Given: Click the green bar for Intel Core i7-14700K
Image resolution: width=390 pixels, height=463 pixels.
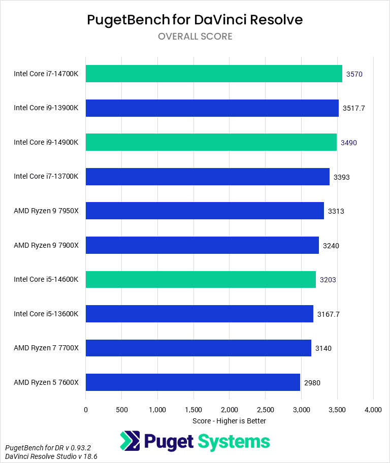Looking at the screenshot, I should coord(214,74).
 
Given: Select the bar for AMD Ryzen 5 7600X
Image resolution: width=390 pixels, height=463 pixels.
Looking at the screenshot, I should coord(193,382).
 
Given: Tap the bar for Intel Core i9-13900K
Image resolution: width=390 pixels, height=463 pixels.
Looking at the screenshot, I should coord(212,108).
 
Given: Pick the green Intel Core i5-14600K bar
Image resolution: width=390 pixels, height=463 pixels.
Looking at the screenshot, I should coord(201,279).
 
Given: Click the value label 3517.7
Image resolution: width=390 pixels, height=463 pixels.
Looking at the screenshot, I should coord(354,108).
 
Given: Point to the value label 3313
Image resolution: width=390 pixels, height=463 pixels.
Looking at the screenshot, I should coord(336,211).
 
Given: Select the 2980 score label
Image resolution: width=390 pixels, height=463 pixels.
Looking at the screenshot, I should coord(312,382).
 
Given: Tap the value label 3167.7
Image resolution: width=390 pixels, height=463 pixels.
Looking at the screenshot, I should coord(329,314).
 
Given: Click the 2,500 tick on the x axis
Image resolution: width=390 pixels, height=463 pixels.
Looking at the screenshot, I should coord(266,409).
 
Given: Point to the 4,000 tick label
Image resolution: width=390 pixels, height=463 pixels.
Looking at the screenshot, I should coord(373,409).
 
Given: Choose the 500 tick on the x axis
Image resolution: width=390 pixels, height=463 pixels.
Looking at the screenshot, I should coord(121,409).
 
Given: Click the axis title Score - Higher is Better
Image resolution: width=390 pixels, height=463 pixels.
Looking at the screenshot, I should coord(230,421).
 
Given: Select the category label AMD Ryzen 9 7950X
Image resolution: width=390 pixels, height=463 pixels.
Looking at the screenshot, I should coord(46,211).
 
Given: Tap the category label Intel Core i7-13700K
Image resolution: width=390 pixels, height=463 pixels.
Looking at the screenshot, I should coord(46,176).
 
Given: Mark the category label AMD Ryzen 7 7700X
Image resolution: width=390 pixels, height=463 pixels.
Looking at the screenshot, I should coord(46,348).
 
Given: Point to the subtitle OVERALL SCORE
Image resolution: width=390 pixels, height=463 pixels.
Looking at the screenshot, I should coord(195,37).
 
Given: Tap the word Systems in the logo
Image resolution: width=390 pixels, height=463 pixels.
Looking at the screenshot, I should coord(234,442).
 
